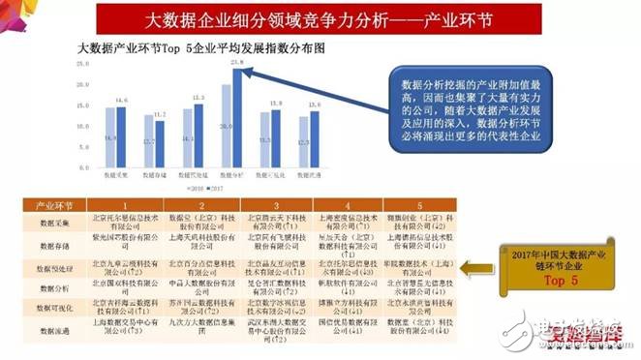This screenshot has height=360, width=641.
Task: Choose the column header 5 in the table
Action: pyautogui.click(x=418, y=206)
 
